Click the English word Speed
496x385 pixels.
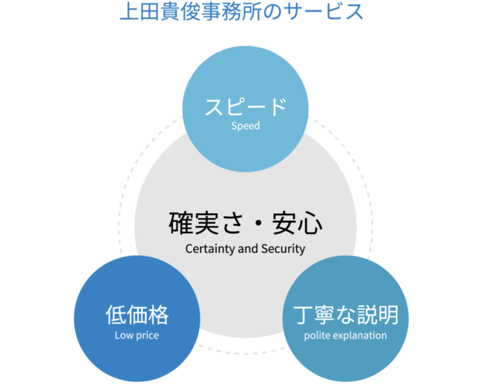click(x=245, y=125)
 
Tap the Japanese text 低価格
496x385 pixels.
click(x=137, y=315)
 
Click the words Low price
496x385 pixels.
click(x=137, y=335)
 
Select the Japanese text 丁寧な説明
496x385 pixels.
click(x=346, y=315)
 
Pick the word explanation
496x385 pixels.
click(x=360, y=335)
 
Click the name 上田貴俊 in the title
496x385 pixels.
click(x=160, y=12)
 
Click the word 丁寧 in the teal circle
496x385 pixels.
click(x=315, y=315)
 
